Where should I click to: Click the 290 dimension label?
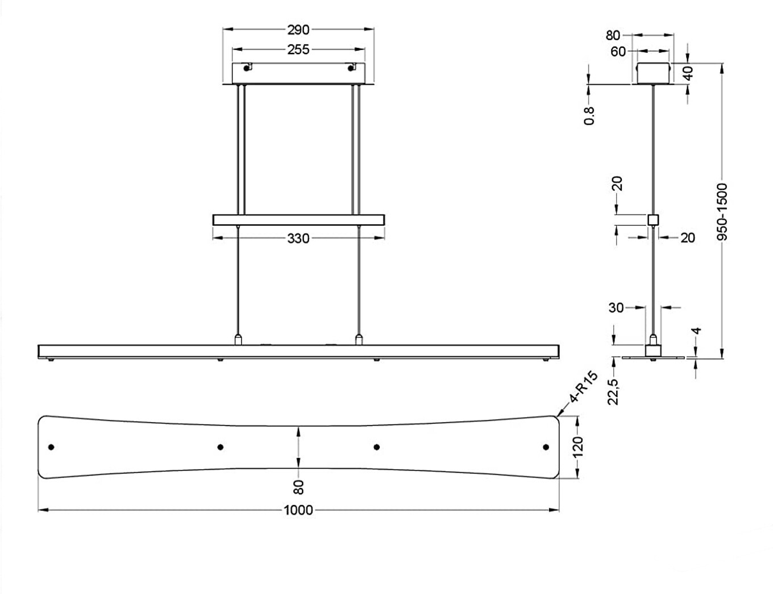tap(298, 30)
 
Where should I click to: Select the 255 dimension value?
tap(298, 50)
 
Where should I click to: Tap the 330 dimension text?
tap(298, 238)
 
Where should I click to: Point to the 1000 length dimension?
tap(298, 510)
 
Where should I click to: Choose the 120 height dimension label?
tap(578, 447)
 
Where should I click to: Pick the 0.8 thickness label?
tap(589, 115)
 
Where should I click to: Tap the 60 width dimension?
tap(618, 52)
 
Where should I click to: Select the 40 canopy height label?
tap(688, 73)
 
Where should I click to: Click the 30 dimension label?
tap(616, 308)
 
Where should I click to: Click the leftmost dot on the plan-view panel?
tap(52, 447)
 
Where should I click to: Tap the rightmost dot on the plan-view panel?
tap(546, 447)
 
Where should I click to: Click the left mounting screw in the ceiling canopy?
tap(247, 68)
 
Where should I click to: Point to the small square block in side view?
tap(654, 220)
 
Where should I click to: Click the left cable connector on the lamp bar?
tap(239, 340)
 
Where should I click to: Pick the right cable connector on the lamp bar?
tap(358, 340)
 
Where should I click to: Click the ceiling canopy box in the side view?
tap(653, 73)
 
